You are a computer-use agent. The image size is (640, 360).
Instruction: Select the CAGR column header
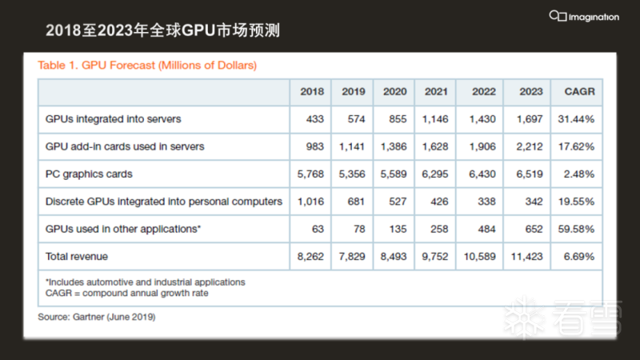(x=578, y=92)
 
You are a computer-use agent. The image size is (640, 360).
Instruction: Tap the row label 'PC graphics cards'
(x=89, y=174)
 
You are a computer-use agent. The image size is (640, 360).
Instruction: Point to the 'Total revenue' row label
(x=77, y=257)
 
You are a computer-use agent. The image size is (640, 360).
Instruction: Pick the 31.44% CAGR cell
(x=578, y=119)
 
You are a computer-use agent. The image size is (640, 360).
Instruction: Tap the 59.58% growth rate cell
(x=578, y=230)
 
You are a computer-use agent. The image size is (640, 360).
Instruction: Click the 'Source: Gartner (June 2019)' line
(x=96, y=317)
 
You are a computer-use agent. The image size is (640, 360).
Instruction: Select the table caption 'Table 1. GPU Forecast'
(x=147, y=64)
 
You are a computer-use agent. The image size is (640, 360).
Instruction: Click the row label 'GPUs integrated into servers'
(x=113, y=119)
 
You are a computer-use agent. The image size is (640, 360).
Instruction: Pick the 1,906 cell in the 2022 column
(x=484, y=146)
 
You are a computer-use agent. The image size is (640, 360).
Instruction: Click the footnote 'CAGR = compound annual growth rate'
(x=127, y=292)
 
